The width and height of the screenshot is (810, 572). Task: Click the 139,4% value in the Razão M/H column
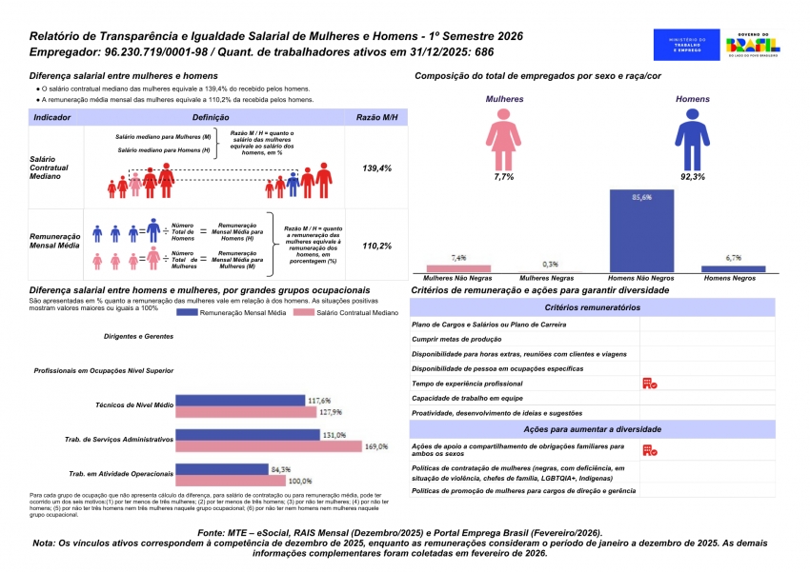point(377,168)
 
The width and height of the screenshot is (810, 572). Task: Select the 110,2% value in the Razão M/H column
point(377,246)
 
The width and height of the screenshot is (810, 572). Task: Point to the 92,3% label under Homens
point(692,177)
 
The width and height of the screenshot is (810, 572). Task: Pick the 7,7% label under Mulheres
point(503,177)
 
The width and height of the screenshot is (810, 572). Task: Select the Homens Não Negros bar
point(640,231)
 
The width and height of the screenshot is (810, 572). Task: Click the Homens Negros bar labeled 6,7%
point(733,268)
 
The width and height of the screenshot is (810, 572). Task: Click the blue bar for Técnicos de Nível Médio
point(242,401)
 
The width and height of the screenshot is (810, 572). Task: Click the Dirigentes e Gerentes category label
point(139,337)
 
